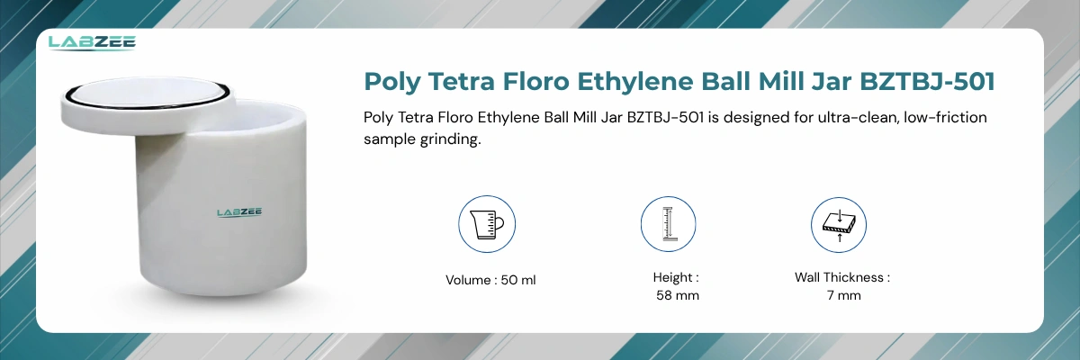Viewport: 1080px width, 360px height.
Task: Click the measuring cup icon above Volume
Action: [x=487, y=225]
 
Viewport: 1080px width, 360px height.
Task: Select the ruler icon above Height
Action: [x=668, y=225]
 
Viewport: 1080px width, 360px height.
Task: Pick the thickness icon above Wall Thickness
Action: [x=838, y=225]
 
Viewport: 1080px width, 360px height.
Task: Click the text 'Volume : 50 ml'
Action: [x=490, y=280]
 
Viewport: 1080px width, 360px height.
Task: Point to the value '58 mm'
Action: [x=677, y=295]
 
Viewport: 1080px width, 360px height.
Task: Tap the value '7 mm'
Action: [x=842, y=295]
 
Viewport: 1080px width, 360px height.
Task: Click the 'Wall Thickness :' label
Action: [x=842, y=278]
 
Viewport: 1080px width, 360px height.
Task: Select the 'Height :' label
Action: [x=677, y=278]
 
